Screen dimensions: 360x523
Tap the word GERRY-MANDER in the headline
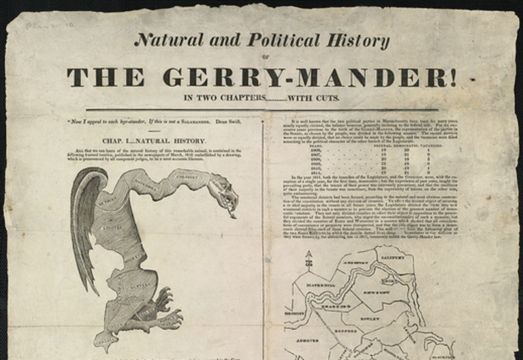[309, 77]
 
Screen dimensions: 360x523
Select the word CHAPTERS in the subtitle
[236, 98]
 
